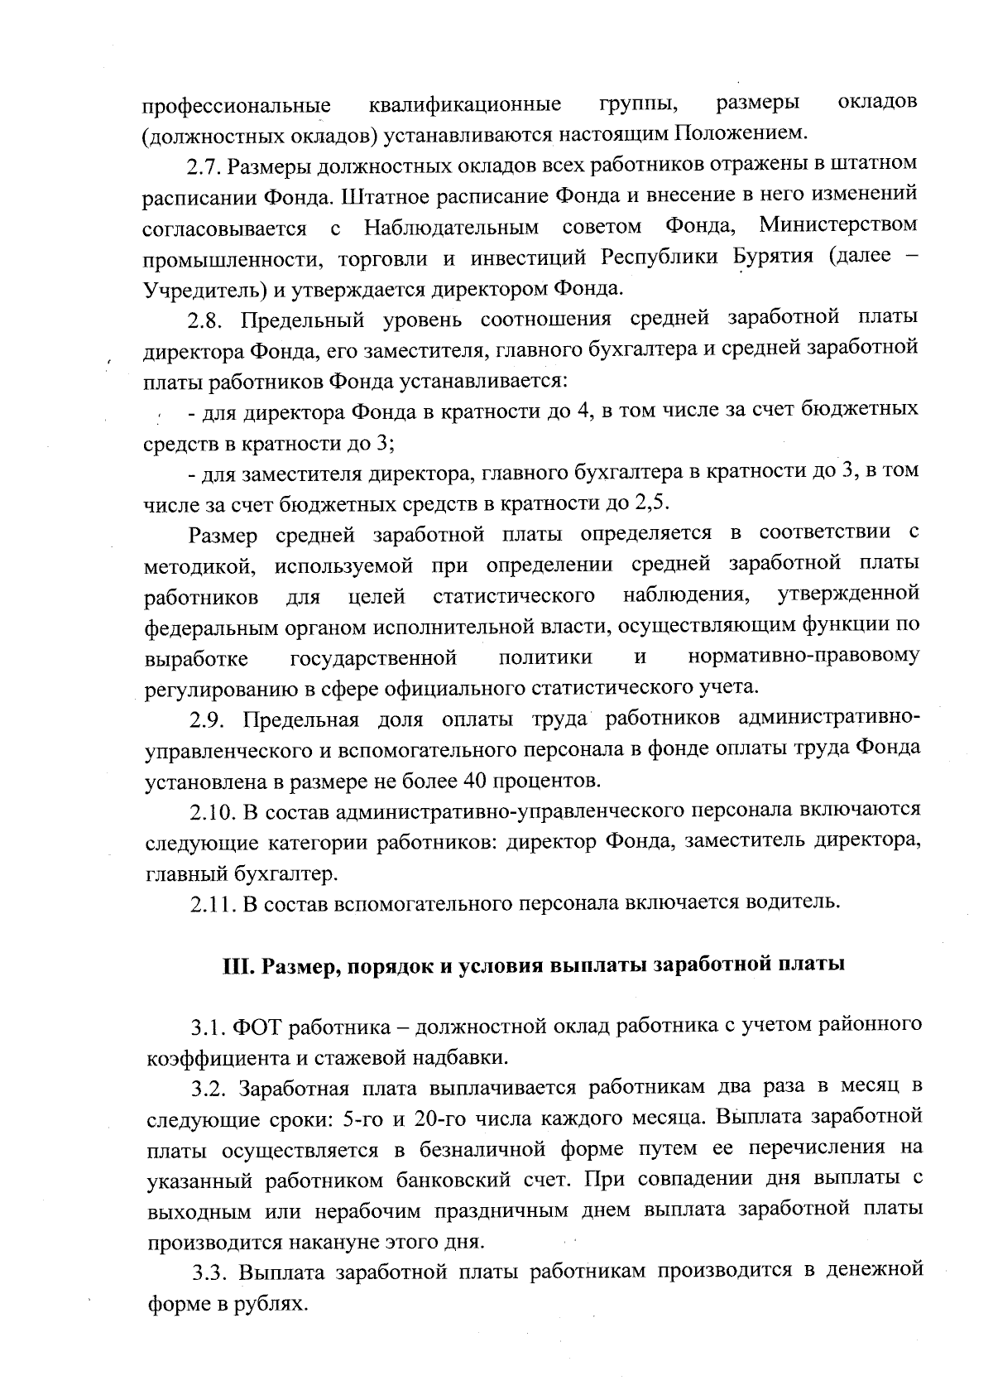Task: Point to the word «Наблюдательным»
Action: [452, 227]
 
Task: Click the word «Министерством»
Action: [838, 225]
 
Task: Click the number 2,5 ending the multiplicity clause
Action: [650, 503]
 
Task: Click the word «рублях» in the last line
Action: [269, 1304]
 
